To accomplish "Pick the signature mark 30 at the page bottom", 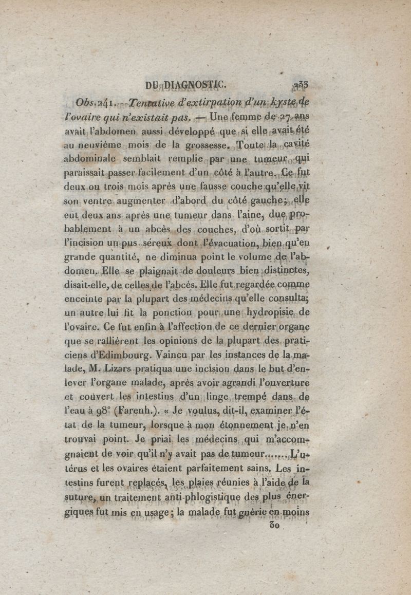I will coord(274,527).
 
